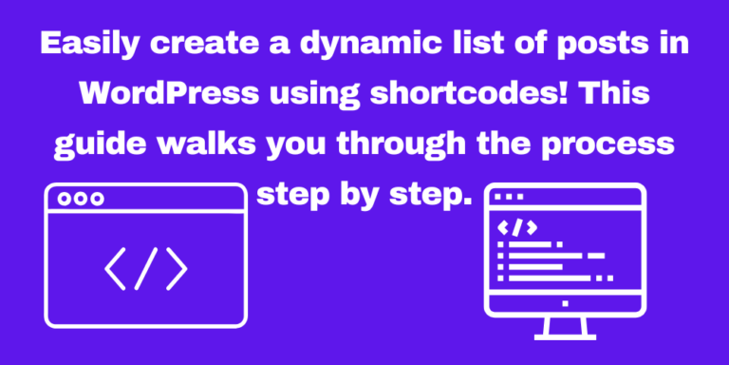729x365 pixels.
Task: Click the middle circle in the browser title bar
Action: pos(81,199)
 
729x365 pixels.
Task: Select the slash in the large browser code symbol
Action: pos(145,269)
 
